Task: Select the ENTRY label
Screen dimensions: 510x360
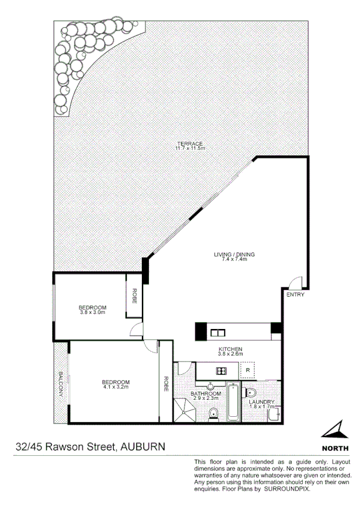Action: pos(295,295)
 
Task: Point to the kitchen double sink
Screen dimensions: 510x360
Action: pos(217,331)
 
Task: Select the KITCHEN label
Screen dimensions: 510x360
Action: pos(231,349)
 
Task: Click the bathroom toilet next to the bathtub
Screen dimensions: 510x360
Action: pos(213,414)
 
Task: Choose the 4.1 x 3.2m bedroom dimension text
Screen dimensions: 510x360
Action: pos(115,388)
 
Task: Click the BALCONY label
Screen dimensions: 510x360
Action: pos(61,383)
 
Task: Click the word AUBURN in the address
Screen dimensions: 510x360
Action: pos(142,447)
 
